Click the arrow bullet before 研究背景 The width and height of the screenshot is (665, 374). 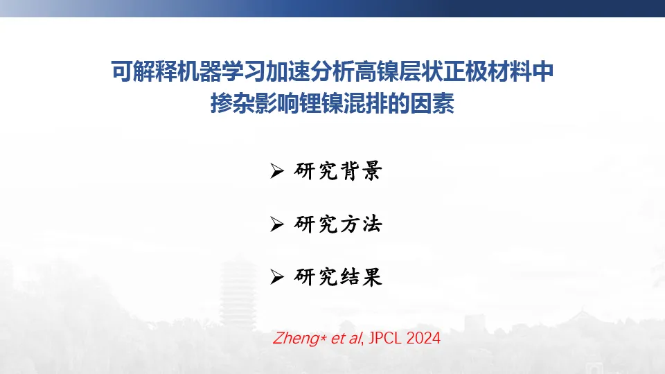coord(276,171)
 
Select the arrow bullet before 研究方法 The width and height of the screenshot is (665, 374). coord(276,224)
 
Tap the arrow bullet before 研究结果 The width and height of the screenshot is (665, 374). coord(276,277)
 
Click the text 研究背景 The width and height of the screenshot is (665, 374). coord(338,171)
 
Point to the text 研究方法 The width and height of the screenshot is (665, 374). coord(338,224)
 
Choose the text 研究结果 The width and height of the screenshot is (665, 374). coord(338,277)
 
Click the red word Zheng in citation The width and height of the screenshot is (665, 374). coord(296,339)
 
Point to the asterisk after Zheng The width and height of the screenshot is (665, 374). coord(323,338)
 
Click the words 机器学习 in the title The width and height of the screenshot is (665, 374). coord(222,71)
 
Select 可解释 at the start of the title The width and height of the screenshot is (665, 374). coord(144,71)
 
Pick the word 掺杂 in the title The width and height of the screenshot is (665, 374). coord(233,103)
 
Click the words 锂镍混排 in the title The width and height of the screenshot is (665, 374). coord(344,103)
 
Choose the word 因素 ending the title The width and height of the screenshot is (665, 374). coord(432,103)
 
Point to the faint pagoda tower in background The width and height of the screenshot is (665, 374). coord(238,292)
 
